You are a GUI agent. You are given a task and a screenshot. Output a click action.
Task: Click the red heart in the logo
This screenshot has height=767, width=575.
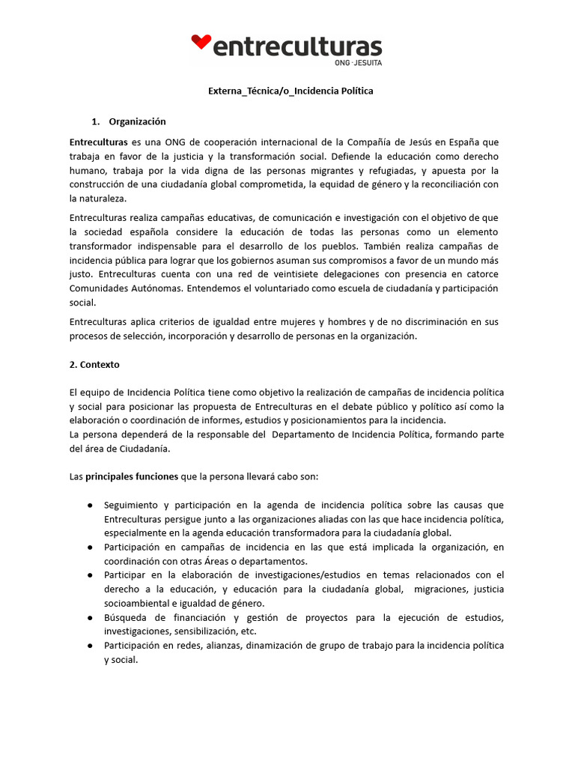point(201,42)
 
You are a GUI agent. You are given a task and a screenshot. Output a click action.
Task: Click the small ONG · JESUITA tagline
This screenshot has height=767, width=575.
point(362,63)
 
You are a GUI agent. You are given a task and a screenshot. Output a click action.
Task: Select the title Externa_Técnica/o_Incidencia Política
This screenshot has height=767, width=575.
point(290,91)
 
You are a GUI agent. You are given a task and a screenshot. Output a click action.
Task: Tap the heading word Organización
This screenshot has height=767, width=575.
point(137,121)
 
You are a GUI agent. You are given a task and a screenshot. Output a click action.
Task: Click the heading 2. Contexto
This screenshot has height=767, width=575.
point(94,365)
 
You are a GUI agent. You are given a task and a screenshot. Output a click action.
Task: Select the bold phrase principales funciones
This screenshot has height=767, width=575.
point(132,476)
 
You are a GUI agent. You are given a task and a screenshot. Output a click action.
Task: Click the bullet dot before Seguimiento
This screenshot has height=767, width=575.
point(90,505)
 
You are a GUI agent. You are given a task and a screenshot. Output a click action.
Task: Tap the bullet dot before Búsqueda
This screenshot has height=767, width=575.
point(90,618)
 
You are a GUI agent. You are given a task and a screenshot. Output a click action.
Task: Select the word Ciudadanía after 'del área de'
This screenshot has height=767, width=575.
point(144,449)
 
